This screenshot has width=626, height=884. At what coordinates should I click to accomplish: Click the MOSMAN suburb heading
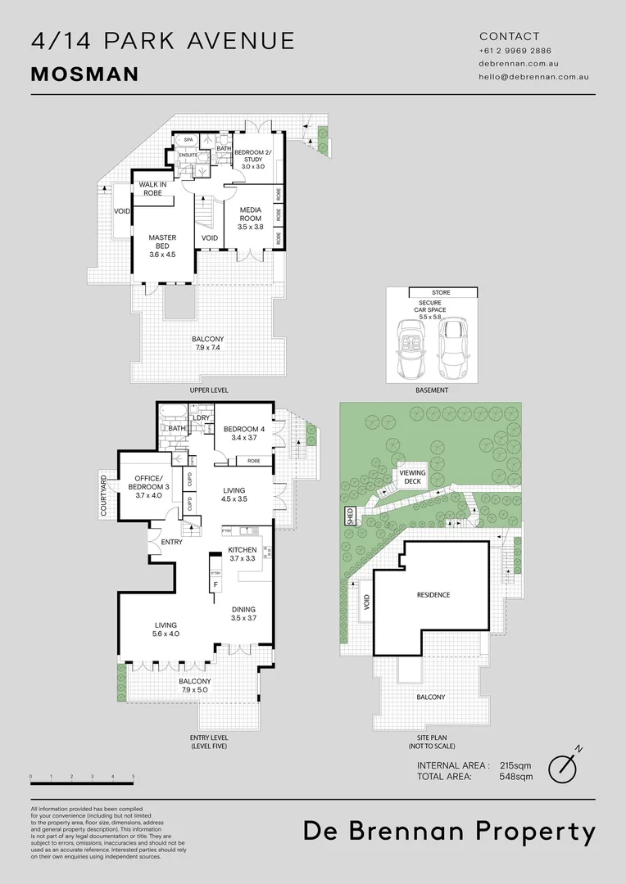coord(84,74)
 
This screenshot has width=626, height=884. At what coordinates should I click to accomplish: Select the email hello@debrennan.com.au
coord(534,76)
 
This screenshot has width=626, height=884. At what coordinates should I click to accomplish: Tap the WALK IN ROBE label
coord(152,188)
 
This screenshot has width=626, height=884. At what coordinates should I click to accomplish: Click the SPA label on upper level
coord(188,141)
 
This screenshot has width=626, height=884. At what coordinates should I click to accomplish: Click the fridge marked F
coord(215,585)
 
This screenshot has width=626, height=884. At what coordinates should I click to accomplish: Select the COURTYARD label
coord(104,495)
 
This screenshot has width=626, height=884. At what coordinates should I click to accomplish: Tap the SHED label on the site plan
coord(350,516)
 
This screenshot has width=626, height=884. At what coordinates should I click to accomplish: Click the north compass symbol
coord(565,764)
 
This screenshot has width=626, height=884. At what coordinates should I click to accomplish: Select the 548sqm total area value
coord(516,776)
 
